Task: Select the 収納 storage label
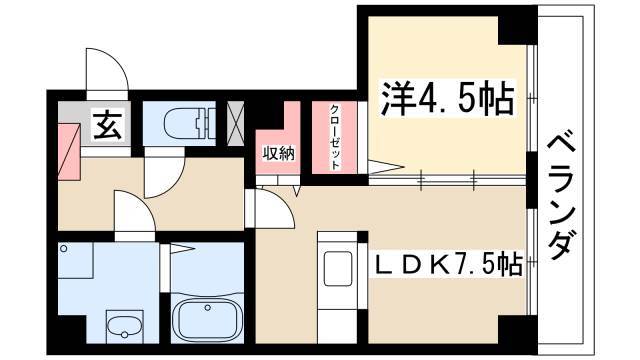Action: coord(278,153)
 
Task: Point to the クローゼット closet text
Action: coord(335,137)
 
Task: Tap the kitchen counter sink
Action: coord(337,269)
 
